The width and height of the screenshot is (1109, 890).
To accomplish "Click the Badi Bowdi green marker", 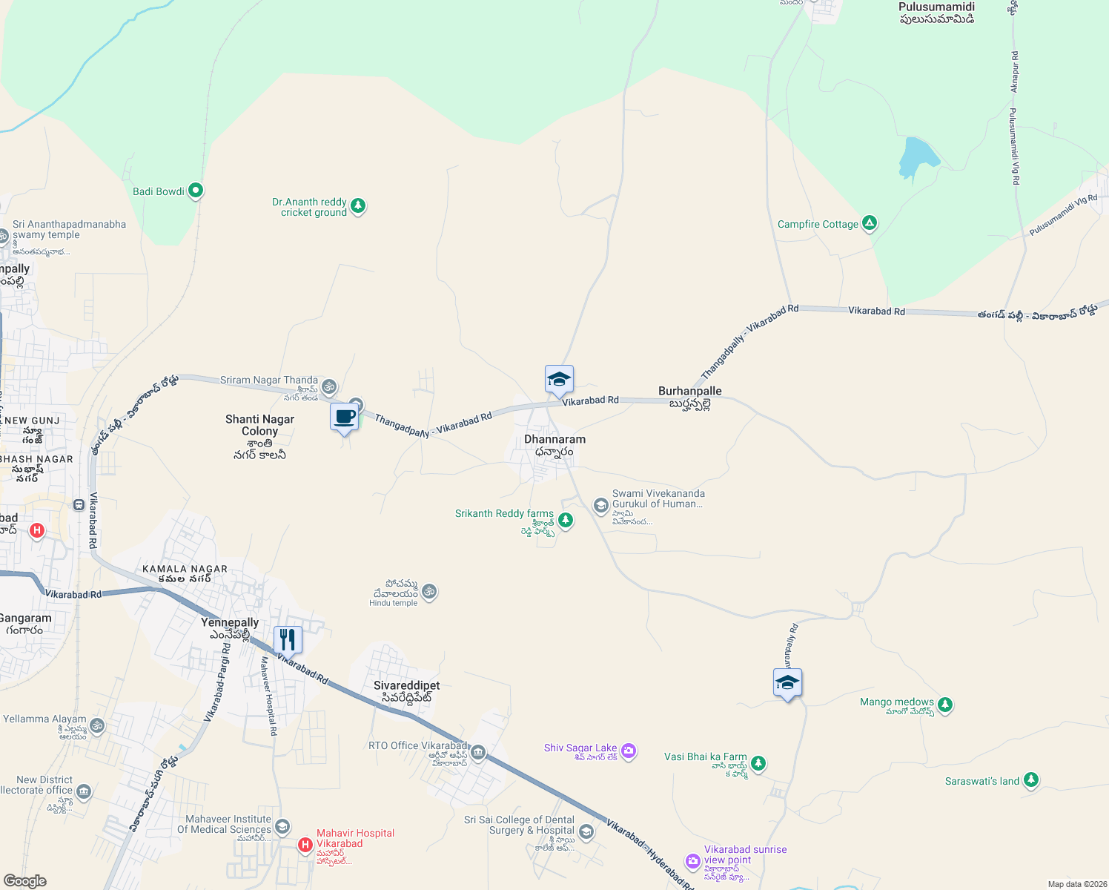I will pos(196,191).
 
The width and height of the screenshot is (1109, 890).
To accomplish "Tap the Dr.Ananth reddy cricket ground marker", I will pos(358,205).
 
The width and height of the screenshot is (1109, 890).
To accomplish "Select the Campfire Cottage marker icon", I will pos(870,223).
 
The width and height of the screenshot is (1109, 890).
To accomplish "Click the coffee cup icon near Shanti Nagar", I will pos(345,417).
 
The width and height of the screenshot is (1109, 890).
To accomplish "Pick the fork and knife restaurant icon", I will pos(288,639).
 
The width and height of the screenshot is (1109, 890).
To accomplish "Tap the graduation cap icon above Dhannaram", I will pos(559,380).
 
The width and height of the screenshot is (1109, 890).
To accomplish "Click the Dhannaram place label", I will pos(554,439).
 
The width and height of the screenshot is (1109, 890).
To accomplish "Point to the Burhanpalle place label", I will pos(689,391).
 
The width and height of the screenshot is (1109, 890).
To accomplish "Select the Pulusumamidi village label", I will pos(936,7).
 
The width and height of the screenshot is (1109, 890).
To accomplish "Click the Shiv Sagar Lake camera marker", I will pos(629,751).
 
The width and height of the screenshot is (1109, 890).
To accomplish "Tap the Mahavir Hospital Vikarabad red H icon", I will pos(305,845).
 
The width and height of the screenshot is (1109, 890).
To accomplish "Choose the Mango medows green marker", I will pos(944,705).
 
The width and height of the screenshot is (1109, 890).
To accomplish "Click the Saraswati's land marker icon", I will pos(1030,780).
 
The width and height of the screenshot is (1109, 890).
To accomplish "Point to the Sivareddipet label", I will pos(406,686).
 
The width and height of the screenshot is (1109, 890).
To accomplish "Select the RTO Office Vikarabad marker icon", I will pos(478,754).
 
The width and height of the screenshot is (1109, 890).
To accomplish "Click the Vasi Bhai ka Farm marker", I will pos(758,762).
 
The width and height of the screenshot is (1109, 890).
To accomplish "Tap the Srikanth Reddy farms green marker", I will pos(566,520).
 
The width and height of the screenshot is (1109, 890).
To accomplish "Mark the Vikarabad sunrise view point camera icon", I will pos(693,860).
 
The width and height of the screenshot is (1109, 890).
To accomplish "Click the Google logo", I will pos(25,881).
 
